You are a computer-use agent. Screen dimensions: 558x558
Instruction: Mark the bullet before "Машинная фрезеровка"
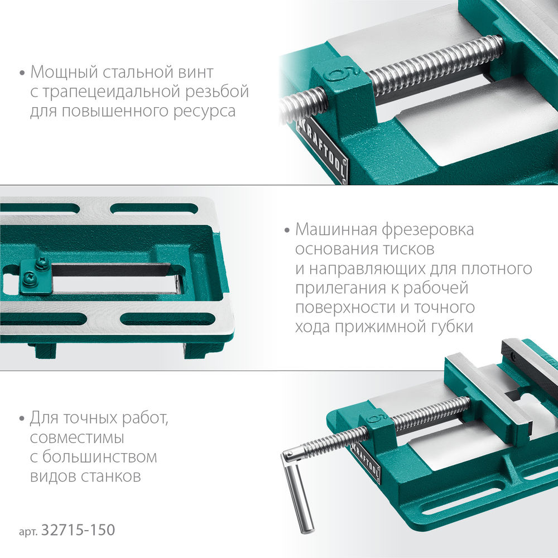(x=286, y=230)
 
